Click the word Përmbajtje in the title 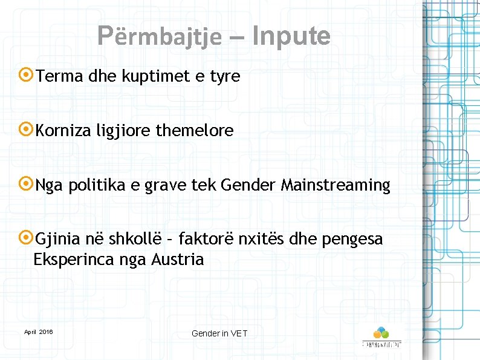pos(160,37)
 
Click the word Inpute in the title pos(291,36)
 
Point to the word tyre pos(225,77)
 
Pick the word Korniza pos(63,131)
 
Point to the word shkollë pos(131,240)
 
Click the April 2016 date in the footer pos(38,332)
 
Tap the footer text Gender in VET pos(219,333)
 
